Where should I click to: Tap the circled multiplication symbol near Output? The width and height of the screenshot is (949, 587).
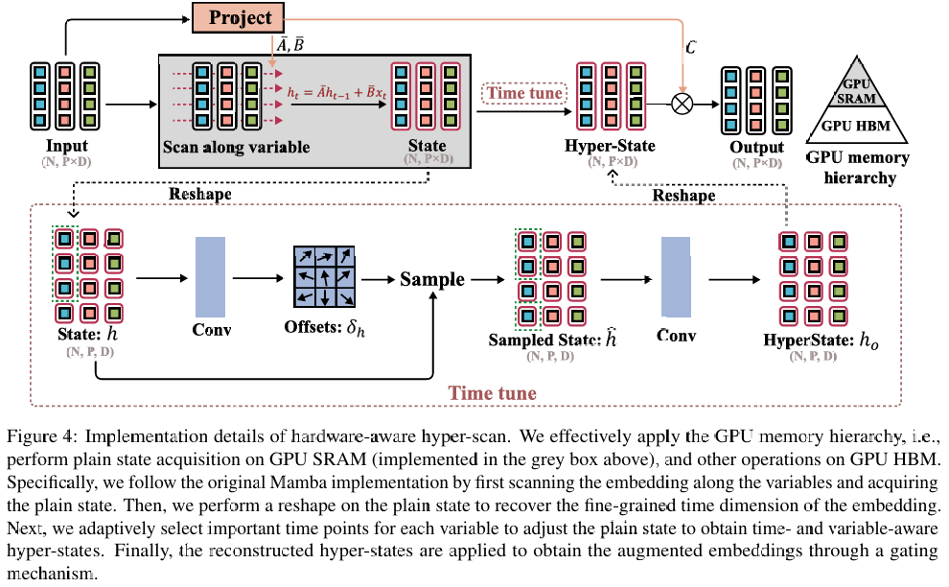pyautogui.click(x=682, y=103)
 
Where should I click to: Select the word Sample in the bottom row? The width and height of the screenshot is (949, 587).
pyautogui.click(x=432, y=280)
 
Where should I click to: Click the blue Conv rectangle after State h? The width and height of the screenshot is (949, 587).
pyautogui.click(x=210, y=277)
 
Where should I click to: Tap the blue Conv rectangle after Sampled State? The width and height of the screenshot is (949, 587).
pyautogui.click(x=676, y=277)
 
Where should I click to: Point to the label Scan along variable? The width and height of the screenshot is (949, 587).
pyautogui.click(x=236, y=147)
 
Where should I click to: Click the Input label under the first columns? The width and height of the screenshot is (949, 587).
pyautogui.click(x=65, y=147)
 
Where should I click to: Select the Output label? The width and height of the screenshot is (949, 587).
pyautogui.click(x=756, y=148)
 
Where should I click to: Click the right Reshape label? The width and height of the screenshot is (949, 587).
pyautogui.click(x=684, y=195)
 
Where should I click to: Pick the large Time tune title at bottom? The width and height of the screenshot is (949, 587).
pyautogui.click(x=493, y=393)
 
